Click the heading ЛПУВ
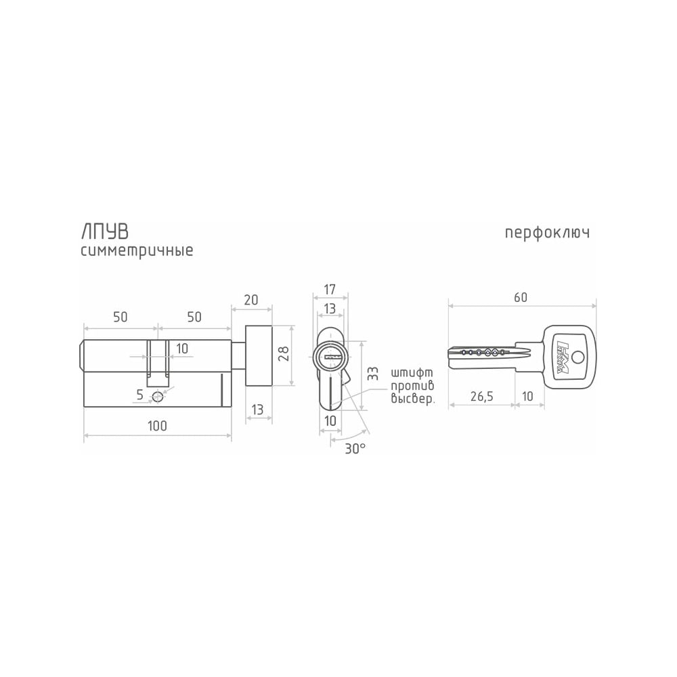pyautogui.click(x=105, y=232)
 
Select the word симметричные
pyautogui.click(x=137, y=251)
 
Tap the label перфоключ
pyautogui.click(x=547, y=233)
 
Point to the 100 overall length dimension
pyautogui.click(x=157, y=426)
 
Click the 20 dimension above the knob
pyautogui.click(x=251, y=300)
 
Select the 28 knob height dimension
pyautogui.click(x=284, y=354)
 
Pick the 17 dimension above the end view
pyautogui.click(x=330, y=289)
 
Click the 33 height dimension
pyautogui.click(x=372, y=374)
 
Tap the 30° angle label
pyautogui.click(x=355, y=449)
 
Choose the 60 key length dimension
pyautogui.click(x=521, y=297)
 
